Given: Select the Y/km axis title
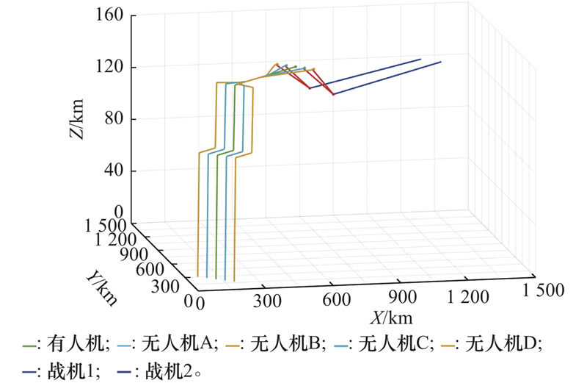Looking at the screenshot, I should [99, 287].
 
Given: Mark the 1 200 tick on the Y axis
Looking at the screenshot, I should [118, 240].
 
